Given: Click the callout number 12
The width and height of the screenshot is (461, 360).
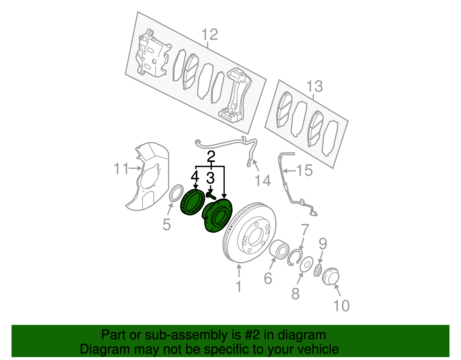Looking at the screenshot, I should [x=209, y=35].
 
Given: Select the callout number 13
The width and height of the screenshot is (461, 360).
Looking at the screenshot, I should [x=314, y=86].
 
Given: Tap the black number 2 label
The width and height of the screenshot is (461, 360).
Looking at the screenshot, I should [x=211, y=157].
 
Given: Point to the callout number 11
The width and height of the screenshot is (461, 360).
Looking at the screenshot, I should [x=121, y=169].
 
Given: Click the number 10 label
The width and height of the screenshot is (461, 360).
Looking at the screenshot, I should [x=341, y=306].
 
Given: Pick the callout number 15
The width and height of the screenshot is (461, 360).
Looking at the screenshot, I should [x=305, y=170].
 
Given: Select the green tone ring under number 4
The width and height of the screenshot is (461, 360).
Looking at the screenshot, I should [x=191, y=202].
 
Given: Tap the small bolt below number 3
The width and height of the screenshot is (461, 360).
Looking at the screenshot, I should [x=211, y=196].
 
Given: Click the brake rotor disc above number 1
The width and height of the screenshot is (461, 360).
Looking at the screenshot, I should [x=250, y=233].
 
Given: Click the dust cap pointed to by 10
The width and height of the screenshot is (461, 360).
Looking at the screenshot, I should [x=330, y=276].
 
